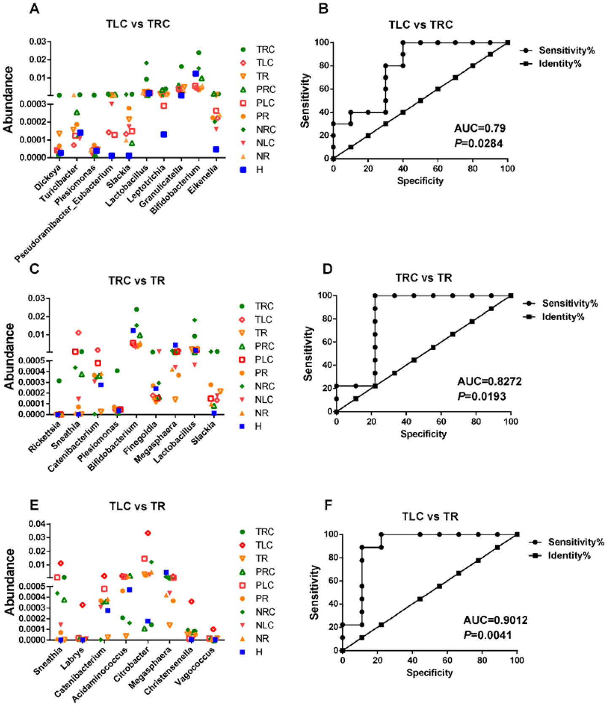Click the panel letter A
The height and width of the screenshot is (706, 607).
click(x=34, y=8)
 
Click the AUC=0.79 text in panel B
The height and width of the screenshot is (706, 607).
click(x=480, y=128)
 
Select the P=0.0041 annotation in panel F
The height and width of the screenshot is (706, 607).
click(x=488, y=635)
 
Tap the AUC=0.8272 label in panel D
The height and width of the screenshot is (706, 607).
click(x=489, y=381)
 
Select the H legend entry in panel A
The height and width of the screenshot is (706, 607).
click(x=259, y=169)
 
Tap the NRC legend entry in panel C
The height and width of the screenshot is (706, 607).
click(x=264, y=386)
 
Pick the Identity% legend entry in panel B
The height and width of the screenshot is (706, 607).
click(x=560, y=64)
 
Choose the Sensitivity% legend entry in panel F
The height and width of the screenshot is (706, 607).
click(x=576, y=542)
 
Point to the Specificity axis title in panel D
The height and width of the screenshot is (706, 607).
click(x=423, y=434)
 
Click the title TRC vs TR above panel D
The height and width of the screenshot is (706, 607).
click(x=424, y=278)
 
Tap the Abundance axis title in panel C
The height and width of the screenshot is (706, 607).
click(x=9, y=356)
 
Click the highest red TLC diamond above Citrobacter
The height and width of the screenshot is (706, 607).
click(x=148, y=533)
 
